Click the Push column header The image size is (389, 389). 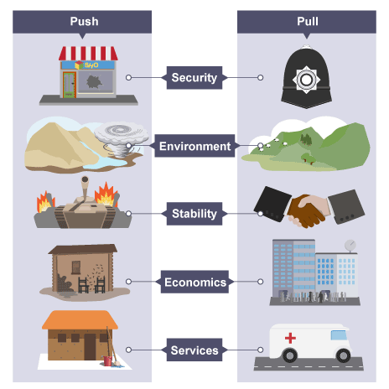[x=82, y=22]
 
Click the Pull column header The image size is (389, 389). [x=307, y=22]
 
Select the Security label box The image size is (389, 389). [x=194, y=78]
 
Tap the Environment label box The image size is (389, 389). [x=194, y=146]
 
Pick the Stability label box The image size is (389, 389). [x=194, y=214]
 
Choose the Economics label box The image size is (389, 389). [x=194, y=282]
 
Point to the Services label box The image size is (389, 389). [x=194, y=350]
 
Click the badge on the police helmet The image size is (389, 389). [x=306, y=80]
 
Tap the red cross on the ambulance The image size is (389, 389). [x=290, y=338]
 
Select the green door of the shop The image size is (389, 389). [x=70, y=85]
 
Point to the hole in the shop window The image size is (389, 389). [x=94, y=82]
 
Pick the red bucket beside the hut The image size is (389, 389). [x=107, y=360]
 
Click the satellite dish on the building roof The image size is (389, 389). [x=350, y=246]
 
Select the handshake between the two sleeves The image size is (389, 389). [x=308, y=211]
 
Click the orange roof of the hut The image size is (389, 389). [x=80, y=319]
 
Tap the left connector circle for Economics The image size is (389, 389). [x=128, y=282]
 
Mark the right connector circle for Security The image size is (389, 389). [x=260, y=77]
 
